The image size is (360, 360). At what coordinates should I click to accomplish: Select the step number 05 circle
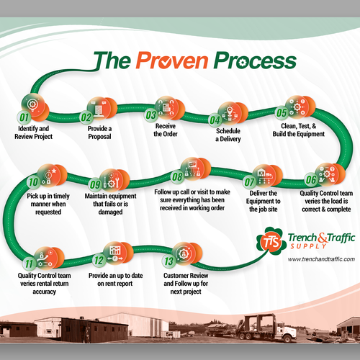click(282, 113)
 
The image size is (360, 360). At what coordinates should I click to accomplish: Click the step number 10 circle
click(32, 182)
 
